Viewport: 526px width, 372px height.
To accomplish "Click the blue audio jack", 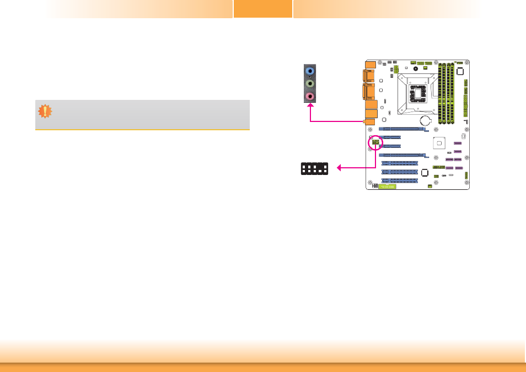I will coord(310,71).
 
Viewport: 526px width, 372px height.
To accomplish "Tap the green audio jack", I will coord(310,84).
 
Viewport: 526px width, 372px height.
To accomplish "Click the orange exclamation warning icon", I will coord(45,111).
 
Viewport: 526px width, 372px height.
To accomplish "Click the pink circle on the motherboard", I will coord(375,142).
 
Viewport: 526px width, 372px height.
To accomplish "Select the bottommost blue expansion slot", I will coord(399,180).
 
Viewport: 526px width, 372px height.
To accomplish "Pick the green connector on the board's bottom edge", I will coord(387,187).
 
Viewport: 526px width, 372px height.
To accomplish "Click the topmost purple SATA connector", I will coord(457,143).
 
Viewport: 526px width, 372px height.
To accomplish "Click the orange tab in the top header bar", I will coord(262,9).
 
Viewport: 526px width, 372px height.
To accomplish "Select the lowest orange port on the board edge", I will coord(369,121).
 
